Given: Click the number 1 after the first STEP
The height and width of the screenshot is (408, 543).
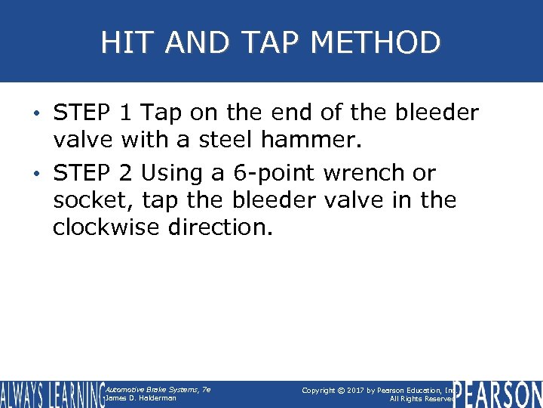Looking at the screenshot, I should tap(126, 113).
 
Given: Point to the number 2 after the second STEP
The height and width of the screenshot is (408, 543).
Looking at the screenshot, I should tap(127, 173).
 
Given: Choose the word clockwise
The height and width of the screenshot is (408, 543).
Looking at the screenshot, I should tap(103, 227).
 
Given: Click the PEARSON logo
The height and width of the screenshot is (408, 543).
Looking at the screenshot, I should tap(497, 394).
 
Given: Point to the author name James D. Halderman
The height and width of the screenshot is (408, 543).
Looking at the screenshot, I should tap(141, 398).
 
